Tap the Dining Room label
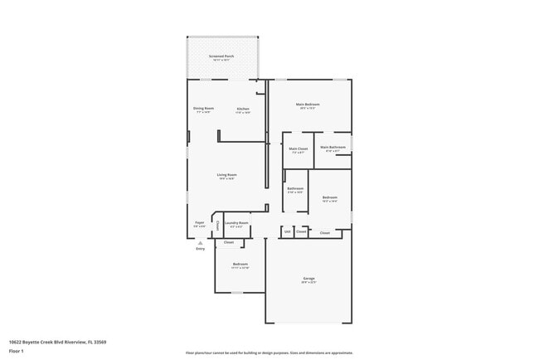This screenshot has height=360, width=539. pyautogui.click(x=203, y=109)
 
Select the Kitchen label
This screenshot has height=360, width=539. pyautogui.click(x=243, y=109)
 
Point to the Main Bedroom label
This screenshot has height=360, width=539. pyautogui.click(x=308, y=105)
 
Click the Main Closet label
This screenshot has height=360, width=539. pyautogui.click(x=299, y=148)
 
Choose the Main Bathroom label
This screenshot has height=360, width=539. pyautogui.click(x=333, y=148)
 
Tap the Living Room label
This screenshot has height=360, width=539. pyautogui.click(x=226, y=174)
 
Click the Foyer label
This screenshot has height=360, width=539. pyautogui.click(x=200, y=222)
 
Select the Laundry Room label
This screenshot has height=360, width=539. pyautogui.click(x=236, y=222)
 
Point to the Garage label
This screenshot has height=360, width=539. pyautogui.click(x=308, y=278)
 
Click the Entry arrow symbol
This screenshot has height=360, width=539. pyautogui.click(x=200, y=242)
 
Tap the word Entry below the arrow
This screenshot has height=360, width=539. pyautogui.click(x=200, y=248)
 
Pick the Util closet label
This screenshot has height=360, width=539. pyautogui.click(x=287, y=231)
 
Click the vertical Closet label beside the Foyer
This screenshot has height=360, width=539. pyautogui.click(x=217, y=225)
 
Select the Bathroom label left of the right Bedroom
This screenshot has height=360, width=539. pyautogui.click(x=295, y=188)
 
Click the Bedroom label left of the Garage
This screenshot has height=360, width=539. pyautogui.click(x=240, y=263)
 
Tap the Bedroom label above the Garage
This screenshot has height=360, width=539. pyautogui.click(x=330, y=197)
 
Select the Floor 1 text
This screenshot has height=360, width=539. pyautogui.click(x=17, y=351)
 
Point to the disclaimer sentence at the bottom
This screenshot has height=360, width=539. pyautogui.click(x=269, y=353)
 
